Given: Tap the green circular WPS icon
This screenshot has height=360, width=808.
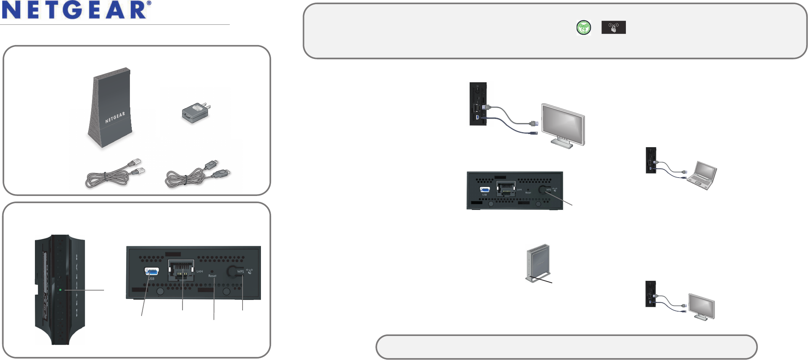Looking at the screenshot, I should (583, 27).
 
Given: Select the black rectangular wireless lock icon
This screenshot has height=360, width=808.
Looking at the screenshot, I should (613, 27).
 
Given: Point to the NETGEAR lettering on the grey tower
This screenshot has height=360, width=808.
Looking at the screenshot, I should (115, 117).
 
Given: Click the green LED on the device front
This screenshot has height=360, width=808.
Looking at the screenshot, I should (60, 290).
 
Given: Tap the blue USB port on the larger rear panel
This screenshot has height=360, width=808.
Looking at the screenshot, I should (151, 271).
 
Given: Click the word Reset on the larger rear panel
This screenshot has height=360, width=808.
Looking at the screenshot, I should (212, 276).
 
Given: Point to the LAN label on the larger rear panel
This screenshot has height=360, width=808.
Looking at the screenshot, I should (199, 271).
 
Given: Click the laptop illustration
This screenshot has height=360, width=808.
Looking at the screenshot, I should (702, 175).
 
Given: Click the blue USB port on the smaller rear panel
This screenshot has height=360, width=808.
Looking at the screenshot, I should (484, 190).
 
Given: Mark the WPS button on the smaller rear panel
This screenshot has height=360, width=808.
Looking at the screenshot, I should (542, 189).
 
